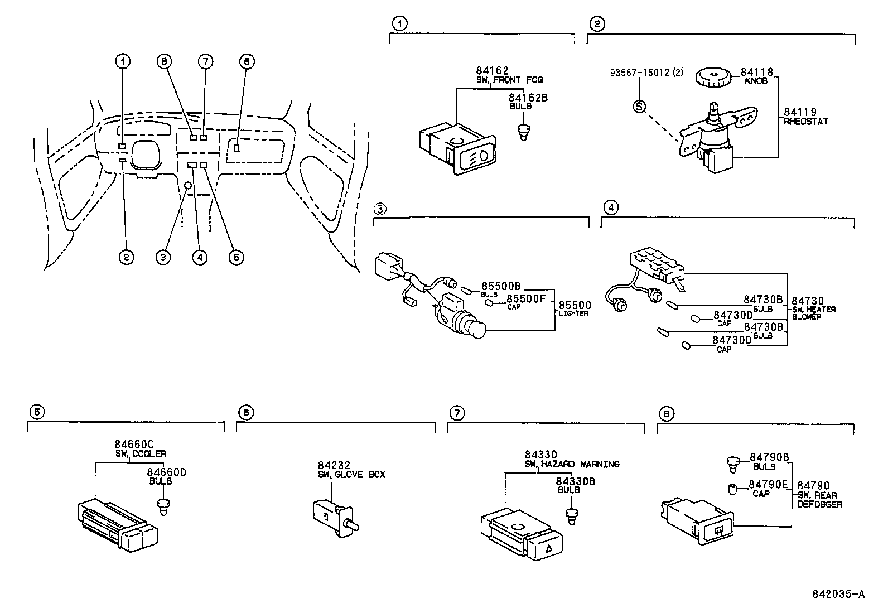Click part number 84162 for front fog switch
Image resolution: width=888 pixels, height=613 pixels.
492,71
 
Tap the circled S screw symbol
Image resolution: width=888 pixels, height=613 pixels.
639,106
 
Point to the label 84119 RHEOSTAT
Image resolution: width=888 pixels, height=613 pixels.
805,116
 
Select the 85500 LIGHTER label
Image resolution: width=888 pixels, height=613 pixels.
575,308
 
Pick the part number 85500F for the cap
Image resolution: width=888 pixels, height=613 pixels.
525,298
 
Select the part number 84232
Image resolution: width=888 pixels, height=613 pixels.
334,465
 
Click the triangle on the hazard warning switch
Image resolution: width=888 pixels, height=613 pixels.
548,549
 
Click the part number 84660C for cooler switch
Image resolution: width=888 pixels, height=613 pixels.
134,445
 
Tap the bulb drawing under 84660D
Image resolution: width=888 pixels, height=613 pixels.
163,506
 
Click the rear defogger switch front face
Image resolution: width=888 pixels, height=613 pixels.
715,530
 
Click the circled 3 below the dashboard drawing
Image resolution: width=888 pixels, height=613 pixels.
163,257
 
